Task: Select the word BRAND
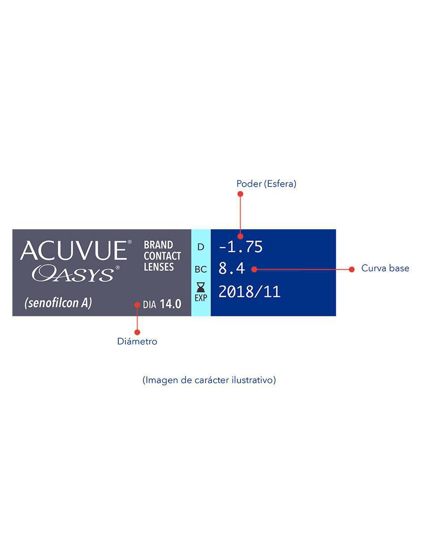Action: coord(158,245)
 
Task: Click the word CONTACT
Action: coord(162,256)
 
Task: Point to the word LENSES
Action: coord(159,267)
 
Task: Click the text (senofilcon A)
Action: coord(58,303)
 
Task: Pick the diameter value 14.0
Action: coord(171,304)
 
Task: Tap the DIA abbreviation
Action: coord(150,305)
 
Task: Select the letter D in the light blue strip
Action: coord(201,247)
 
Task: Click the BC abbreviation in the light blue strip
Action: coord(201,270)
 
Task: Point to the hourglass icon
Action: coord(201,287)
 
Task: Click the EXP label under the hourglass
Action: coord(201,298)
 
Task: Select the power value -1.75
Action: coord(241,247)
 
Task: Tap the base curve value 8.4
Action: coord(232,268)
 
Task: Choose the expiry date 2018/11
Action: coord(249,292)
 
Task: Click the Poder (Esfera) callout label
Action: coord(266,184)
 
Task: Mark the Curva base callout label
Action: coord(385,268)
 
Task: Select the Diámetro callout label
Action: coord(137,341)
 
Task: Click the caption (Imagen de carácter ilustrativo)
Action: coord(209,380)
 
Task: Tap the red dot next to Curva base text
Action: coord(352,270)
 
